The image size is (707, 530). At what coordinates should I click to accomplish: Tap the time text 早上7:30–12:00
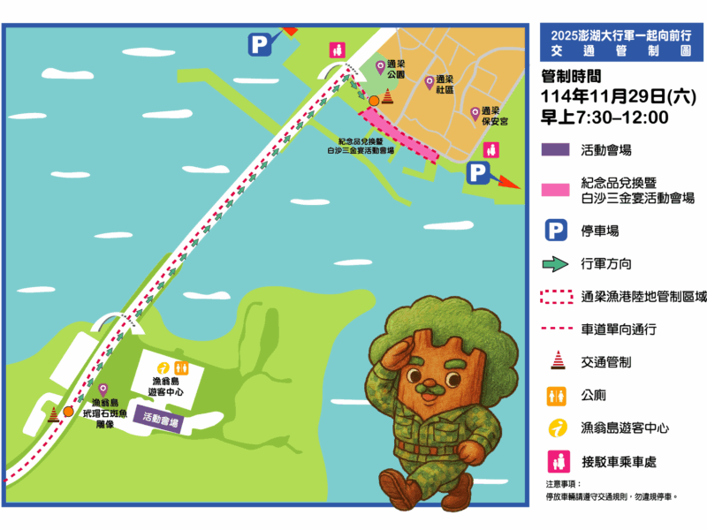[x=604, y=117]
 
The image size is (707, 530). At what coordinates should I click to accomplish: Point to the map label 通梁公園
[x=395, y=70]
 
